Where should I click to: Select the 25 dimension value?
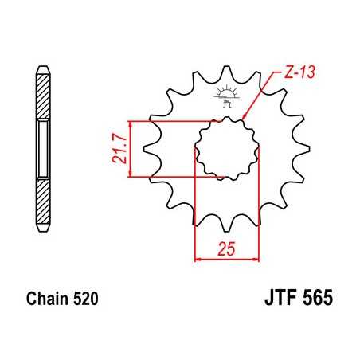click(x=228, y=249)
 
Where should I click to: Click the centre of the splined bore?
click(x=228, y=148)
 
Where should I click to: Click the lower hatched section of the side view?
click(x=43, y=197)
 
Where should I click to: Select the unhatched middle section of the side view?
click(x=43, y=149)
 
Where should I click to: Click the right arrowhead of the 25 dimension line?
click(x=257, y=259)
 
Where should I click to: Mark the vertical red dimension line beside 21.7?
click(x=129, y=149)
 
